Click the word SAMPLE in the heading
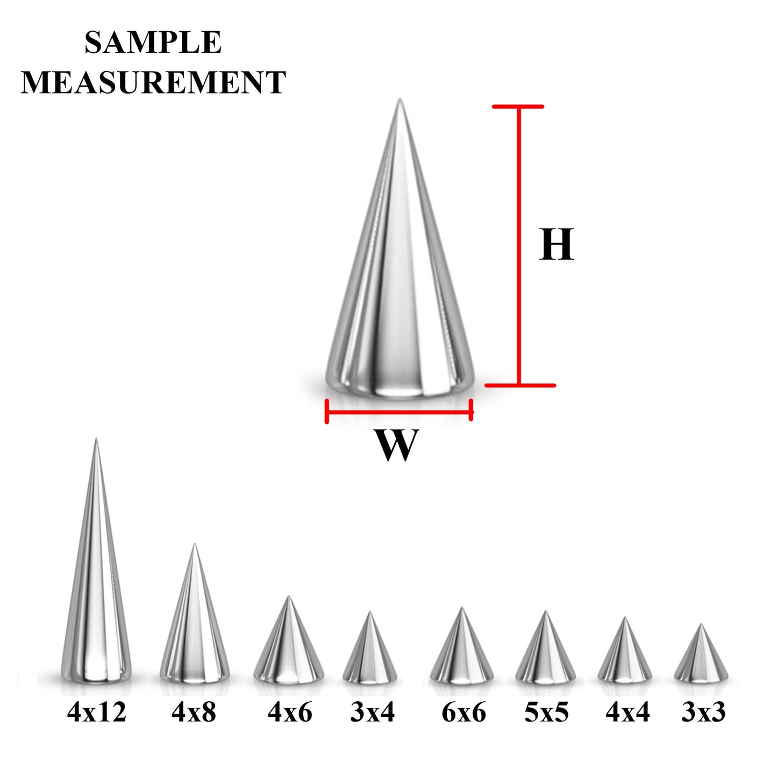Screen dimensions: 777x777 point(153,42)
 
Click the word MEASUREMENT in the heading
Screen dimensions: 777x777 point(153,82)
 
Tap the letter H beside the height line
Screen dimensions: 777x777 point(557,245)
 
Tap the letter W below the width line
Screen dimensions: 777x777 point(396,445)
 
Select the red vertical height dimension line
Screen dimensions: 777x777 point(519,246)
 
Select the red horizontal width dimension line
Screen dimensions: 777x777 point(399,412)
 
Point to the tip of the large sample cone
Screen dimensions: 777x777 point(400,101)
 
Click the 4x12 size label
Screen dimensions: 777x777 point(97,712)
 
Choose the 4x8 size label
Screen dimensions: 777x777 point(194,712)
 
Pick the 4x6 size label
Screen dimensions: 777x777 point(290,712)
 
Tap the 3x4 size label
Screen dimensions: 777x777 point(372,712)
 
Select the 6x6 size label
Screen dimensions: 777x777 point(464,712)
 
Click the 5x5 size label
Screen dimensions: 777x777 point(546,712)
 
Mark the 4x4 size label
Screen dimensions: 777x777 point(628,712)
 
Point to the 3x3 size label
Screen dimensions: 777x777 point(703,712)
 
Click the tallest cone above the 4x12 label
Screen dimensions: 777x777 point(96,591)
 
